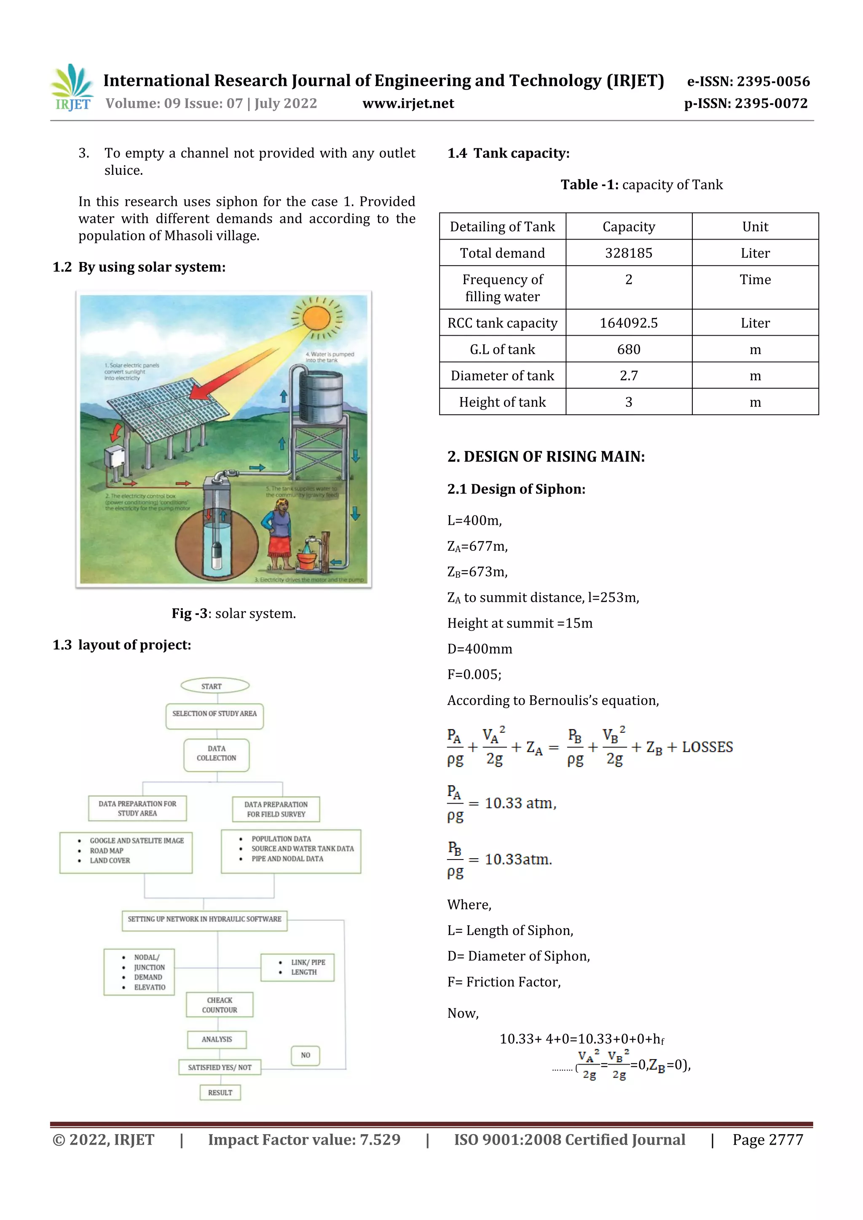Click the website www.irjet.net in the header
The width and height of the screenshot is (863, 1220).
408,104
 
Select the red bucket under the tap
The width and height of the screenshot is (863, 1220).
306,560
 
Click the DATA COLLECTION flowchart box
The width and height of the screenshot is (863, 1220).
217,753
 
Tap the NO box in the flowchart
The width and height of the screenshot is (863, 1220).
305,1055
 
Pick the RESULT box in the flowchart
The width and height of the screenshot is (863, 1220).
220,1092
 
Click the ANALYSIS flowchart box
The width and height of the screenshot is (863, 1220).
217,1039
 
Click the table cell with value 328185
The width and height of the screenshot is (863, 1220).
629,253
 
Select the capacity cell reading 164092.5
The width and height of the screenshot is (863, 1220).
629,323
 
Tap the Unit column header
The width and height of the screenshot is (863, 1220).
755,227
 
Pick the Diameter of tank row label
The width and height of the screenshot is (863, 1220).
502,376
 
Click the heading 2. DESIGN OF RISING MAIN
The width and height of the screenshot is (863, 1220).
546,457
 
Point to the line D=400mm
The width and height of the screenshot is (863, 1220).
480,649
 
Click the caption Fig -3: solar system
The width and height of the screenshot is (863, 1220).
233,614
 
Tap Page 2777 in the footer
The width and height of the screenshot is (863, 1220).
767,1140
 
